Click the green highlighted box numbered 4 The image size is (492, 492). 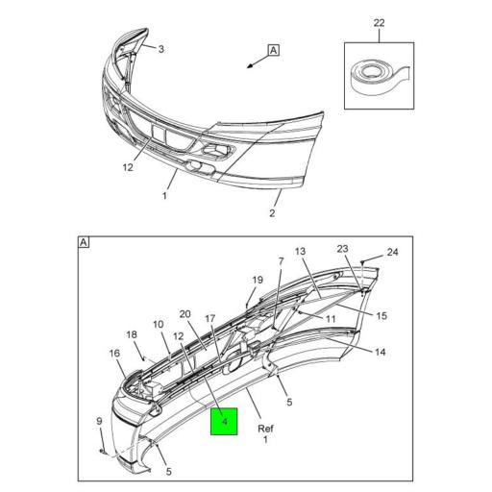[224, 420]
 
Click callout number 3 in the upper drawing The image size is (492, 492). [161, 50]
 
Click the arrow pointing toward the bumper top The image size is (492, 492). [254, 64]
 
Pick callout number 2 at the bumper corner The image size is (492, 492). [272, 213]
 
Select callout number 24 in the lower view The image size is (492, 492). [392, 254]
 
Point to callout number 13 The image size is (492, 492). [300, 252]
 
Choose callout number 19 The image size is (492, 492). [258, 281]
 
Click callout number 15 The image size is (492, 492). [381, 316]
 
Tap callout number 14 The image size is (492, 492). [381, 352]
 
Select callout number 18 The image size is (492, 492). [133, 334]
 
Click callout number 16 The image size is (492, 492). [114, 355]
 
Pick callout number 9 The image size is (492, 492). [99, 420]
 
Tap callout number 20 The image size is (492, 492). [184, 314]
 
